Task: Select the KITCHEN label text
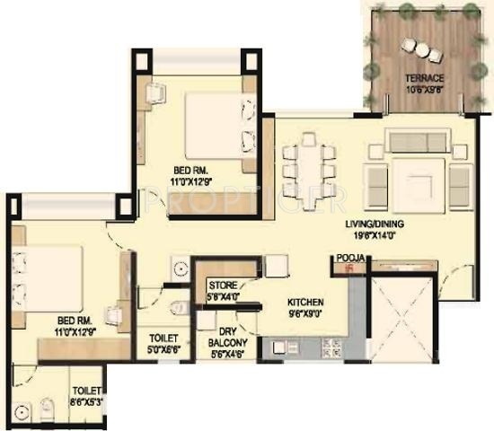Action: (x=304, y=303)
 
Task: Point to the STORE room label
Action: (x=223, y=286)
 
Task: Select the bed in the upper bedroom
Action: (x=213, y=123)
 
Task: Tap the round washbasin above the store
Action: (x=180, y=268)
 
